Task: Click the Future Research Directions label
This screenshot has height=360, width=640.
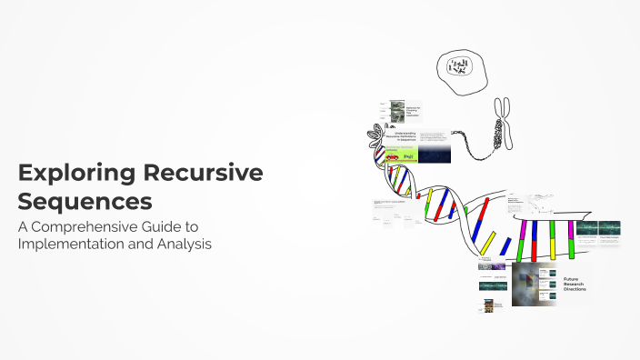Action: click(x=575, y=284)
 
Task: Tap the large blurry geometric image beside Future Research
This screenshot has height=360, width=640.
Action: click(x=534, y=284)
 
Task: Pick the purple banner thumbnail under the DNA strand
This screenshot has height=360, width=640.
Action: click(x=492, y=265)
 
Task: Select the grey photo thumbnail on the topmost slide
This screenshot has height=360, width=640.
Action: click(x=397, y=111)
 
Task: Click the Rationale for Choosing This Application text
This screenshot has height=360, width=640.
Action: click(x=414, y=110)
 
